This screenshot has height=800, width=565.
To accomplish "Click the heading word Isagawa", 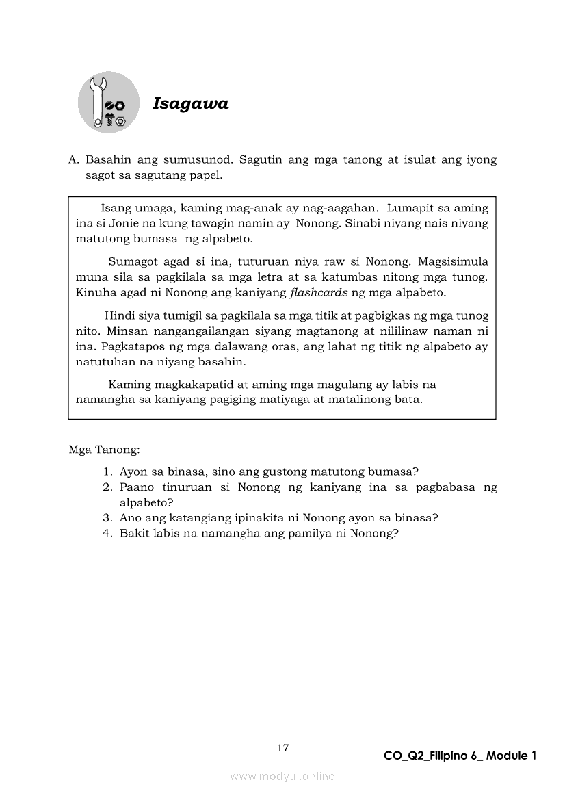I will pyautogui.click(x=190, y=104).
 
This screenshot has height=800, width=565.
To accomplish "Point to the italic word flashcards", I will pyautogui.click(x=318, y=293).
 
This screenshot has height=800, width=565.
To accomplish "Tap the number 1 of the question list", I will pyautogui.click(x=107, y=472).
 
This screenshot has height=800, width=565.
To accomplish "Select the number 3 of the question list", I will pyautogui.click(x=107, y=517).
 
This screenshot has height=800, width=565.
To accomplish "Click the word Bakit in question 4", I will pyautogui.click(x=134, y=533).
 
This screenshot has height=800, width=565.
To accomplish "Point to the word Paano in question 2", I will pyautogui.click(x=137, y=487).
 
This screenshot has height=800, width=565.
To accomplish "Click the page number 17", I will pyautogui.click(x=282, y=748).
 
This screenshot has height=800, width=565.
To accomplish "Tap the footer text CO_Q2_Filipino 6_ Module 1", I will pyautogui.click(x=460, y=756).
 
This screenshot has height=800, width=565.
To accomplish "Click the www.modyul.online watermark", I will pyautogui.click(x=282, y=777).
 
